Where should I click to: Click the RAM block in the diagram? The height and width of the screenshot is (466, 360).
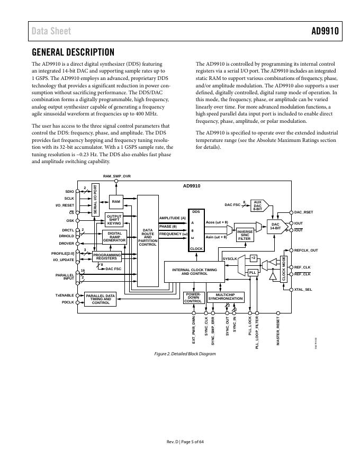coord(116,201)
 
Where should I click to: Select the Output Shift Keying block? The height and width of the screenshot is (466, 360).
coord(114,220)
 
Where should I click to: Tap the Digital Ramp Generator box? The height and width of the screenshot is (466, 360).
coord(114,237)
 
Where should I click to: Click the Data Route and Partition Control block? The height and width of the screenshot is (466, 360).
coord(148,237)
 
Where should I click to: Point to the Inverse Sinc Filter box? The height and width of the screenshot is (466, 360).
coord(244,235)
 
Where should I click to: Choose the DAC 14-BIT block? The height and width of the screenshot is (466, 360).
coord(275,226)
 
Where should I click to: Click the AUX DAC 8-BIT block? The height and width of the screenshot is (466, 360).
coord(258,205)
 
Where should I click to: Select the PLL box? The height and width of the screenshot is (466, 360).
coord(253,272)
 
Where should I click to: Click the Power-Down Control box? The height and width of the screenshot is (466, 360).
coord(193,298)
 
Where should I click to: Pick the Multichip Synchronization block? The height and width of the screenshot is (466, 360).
coord(226,297)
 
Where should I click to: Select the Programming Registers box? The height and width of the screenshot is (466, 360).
coord(106,257)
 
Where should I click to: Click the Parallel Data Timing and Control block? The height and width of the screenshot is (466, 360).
coord(101,299)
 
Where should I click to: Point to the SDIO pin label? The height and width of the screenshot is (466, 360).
coord(69,192)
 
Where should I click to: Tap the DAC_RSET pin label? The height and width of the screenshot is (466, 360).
coord(304,212)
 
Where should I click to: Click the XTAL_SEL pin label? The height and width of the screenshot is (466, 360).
coord(303,290)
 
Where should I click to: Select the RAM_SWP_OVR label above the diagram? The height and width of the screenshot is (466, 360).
coord(116,175)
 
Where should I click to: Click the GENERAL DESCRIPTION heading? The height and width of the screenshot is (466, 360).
coord(73,52)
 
